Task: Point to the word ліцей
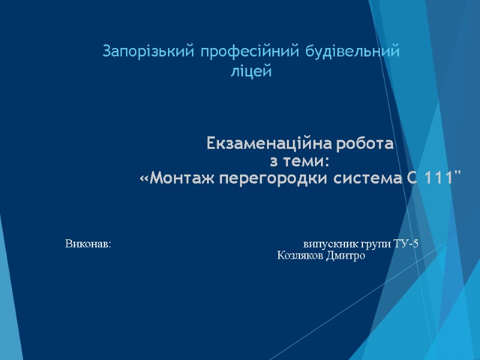click(x=251, y=73)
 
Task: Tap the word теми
click(x=307, y=162)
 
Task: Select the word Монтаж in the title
click(x=180, y=179)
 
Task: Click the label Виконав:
click(x=88, y=244)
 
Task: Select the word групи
click(x=377, y=245)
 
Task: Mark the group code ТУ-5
click(x=407, y=244)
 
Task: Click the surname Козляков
click(x=299, y=256)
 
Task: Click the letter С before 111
click(x=410, y=179)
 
